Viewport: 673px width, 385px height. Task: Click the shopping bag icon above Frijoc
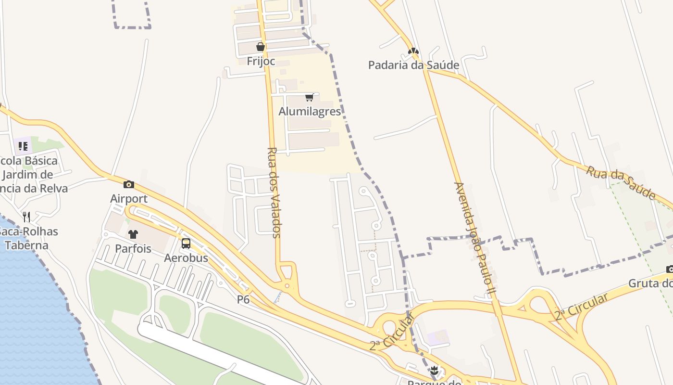pyautogui.click(x=260, y=47)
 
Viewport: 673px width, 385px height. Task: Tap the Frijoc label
pyautogui.click(x=261, y=61)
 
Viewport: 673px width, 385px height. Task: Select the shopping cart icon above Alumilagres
pyautogui.click(x=309, y=98)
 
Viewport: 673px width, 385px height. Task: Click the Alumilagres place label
pyautogui.click(x=310, y=112)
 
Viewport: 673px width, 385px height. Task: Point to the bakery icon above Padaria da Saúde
pyautogui.click(x=413, y=51)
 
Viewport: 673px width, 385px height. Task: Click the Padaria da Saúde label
pyautogui.click(x=413, y=65)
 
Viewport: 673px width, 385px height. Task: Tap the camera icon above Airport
pyautogui.click(x=128, y=184)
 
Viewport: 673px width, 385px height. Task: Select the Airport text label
pyautogui.click(x=129, y=199)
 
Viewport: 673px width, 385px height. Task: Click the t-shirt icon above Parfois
pyautogui.click(x=133, y=234)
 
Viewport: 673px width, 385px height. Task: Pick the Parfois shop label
pyautogui.click(x=133, y=249)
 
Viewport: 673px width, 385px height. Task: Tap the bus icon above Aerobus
pyautogui.click(x=186, y=244)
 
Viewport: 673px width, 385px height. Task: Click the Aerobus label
pyautogui.click(x=186, y=258)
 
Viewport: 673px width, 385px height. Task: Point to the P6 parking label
pyautogui.click(x=243, y=299)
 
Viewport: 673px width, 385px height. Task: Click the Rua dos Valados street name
pyautogui.click(x=274, y=192)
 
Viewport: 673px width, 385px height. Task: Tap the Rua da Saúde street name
pyautogui.click(x=621, y=182)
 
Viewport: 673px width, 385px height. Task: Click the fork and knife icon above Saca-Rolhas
pyautogui.click(x=26, y=217)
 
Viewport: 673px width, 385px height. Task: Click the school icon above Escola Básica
pyautogui.click(x=23, y=146)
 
